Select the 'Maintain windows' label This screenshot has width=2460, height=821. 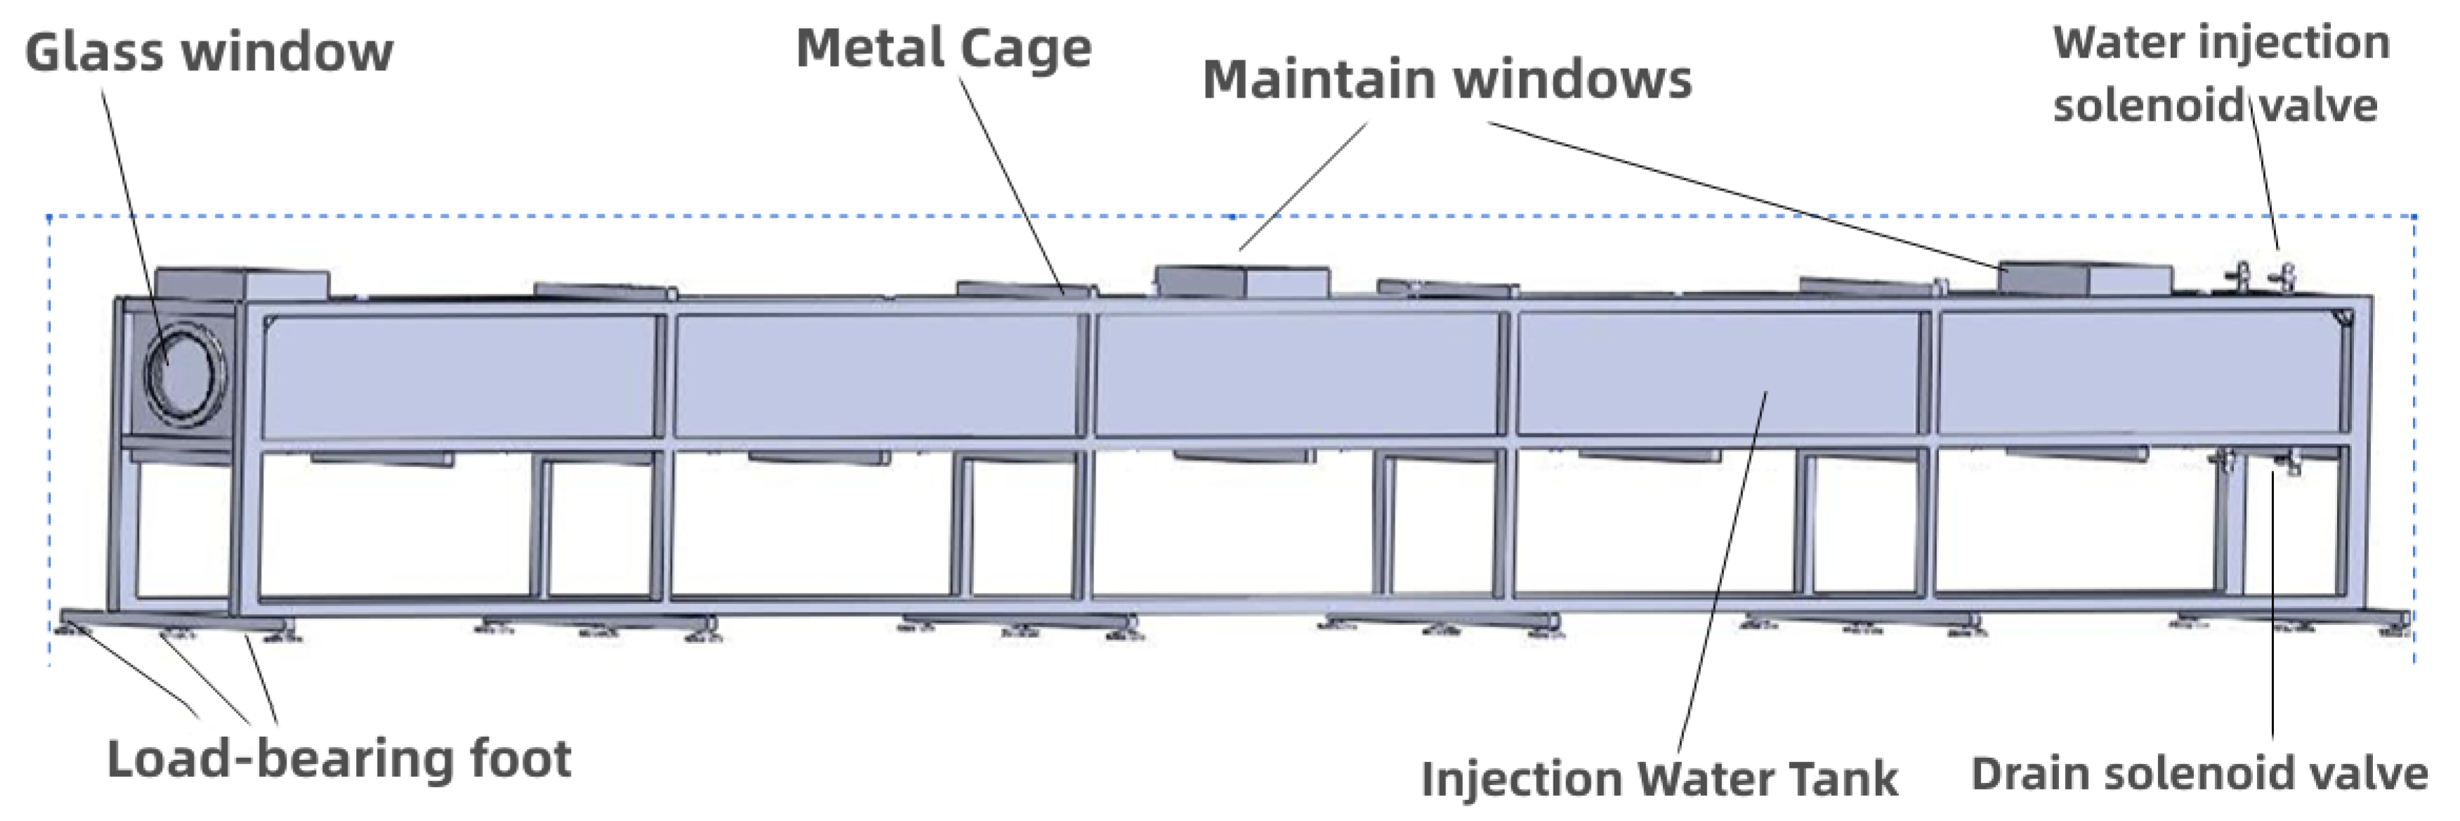1446,79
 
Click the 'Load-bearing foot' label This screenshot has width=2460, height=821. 339,760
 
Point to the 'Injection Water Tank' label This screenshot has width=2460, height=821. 1659,778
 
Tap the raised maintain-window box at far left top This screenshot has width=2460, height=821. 241,284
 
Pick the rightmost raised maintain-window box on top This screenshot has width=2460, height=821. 2088,278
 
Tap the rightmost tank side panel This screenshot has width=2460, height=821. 2139,374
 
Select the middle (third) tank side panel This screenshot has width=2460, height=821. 1296,375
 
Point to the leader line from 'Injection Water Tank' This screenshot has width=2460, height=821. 1719,573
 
